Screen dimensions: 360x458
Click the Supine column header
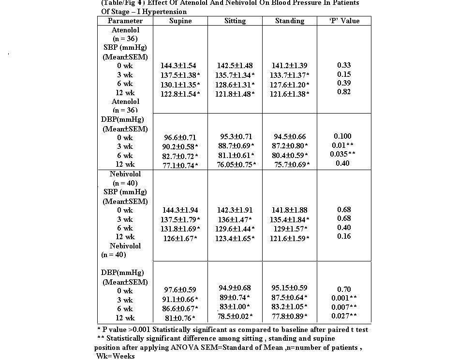[x=180, y=21]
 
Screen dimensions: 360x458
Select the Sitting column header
[x=235, y=21]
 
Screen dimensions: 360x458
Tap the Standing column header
[x=290, y=21]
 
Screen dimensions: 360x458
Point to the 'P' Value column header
[x=344, y=21]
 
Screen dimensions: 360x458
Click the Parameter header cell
[x=125, y=21]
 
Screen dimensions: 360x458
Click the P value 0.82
[x=344, y=92]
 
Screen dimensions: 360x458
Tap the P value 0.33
[x=344, y=65]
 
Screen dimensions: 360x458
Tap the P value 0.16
[x=344, y=237]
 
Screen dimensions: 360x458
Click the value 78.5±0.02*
[x=235, y=317]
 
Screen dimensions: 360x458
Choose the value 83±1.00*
[x=235, y=307]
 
